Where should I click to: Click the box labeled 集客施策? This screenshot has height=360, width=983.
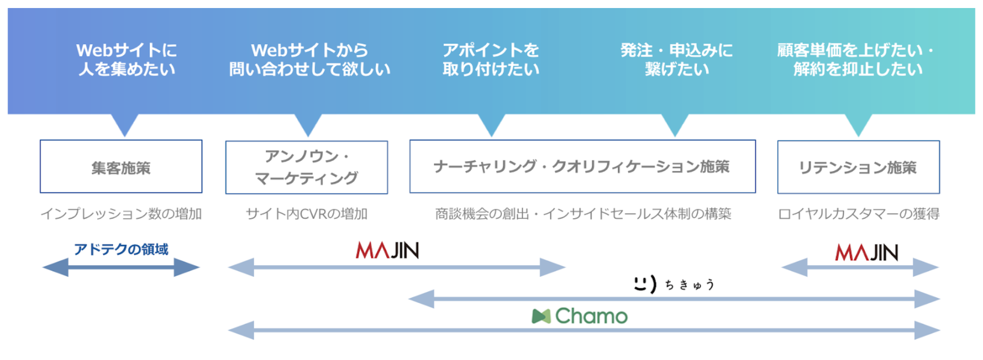click(121, 167)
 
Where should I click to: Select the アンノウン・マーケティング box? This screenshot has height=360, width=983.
click(306, 167)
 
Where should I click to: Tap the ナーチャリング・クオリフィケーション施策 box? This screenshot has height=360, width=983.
click(582, 166)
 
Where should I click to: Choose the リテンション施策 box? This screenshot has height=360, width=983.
click(858, 167)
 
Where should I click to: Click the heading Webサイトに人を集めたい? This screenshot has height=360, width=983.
click(127, 60)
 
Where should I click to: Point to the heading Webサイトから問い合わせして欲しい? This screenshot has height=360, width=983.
click(309, 60)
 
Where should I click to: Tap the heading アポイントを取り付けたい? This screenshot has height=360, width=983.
click(491, 60)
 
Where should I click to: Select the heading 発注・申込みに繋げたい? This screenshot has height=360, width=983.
click(677, 60)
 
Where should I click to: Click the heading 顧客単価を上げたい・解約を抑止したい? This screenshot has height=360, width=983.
click(857, 60)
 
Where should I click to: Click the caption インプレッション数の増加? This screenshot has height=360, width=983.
click(121, 214)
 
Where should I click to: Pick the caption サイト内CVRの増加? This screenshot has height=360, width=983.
click(306, 214)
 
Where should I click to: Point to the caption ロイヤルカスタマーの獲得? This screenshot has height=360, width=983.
click(858, 214)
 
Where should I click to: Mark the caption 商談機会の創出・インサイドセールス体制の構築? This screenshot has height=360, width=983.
click(583, 214)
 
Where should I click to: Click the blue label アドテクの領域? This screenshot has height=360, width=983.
click(121, 249)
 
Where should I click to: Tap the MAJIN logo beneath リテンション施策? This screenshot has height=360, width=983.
click(867, 253)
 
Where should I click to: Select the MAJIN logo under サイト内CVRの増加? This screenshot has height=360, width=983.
click(387, 250)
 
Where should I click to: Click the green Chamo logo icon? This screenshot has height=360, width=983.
click(541, 316)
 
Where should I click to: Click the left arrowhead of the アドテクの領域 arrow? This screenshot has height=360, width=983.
click(55, 267)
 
